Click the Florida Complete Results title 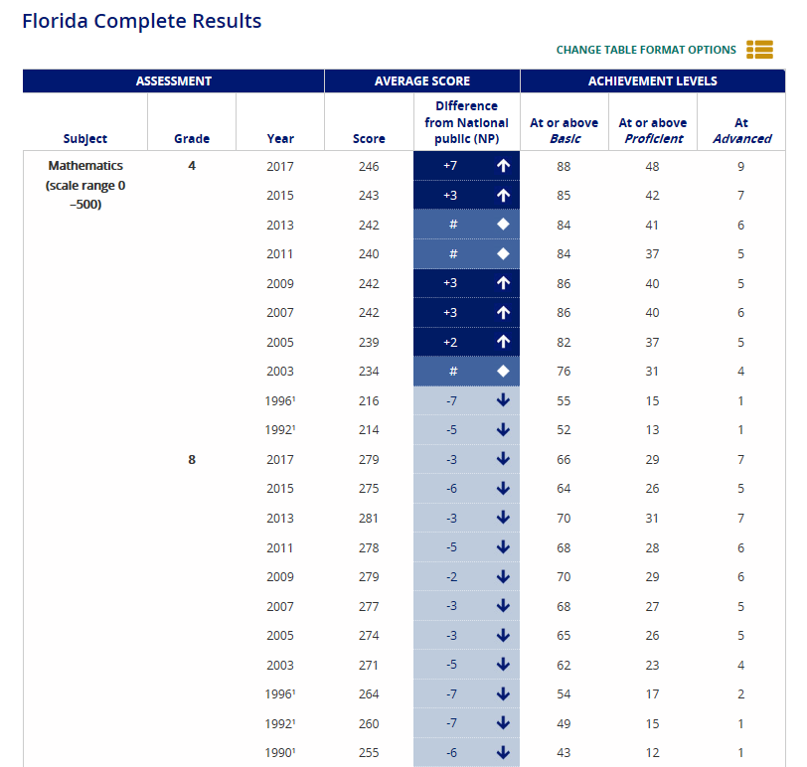click(142, 21)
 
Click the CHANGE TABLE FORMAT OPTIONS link click(646, 50)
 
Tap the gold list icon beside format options click(759, 50)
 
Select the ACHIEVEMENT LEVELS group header click(653, 81)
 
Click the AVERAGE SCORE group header click(422, 81)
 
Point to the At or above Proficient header click(653, 131)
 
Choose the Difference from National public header click(466, 122)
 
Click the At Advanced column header click(741, 131)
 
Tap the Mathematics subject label click(85, 166)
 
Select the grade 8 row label click(192, 459)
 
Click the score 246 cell click(369, 167)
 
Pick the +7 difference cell click(450, 166)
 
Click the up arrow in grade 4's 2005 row click(503, 342)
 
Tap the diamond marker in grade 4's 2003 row click(503, 371)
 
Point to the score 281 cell click(369, 518)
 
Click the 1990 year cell click(280, 753)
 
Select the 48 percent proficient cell click(652, 167)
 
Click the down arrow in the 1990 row click(503, 753)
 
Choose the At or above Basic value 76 click(564, 372)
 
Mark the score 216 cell click(369, 401)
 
